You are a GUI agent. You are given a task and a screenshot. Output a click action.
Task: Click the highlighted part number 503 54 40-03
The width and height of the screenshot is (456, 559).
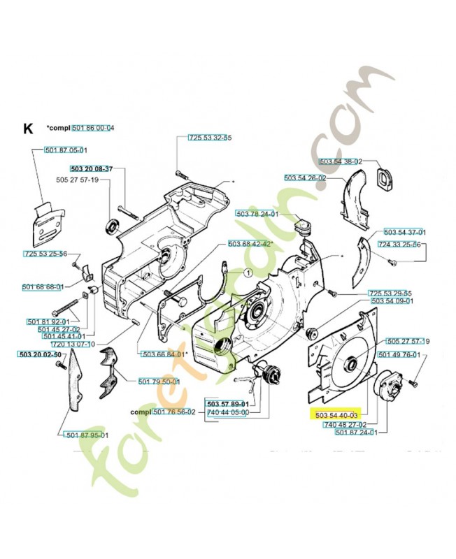337,415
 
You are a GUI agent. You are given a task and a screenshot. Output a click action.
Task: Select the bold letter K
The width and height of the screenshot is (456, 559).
28,129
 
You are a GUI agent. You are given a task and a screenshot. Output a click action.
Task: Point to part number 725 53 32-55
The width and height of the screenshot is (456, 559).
211,139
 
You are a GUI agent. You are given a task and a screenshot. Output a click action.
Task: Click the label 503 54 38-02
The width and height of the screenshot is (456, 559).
340,161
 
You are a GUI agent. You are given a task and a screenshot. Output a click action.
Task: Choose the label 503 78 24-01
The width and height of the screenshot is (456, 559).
257,214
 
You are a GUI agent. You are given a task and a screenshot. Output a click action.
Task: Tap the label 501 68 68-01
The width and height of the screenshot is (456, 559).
43,286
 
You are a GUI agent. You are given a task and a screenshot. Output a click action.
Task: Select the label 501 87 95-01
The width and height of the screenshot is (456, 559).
87,435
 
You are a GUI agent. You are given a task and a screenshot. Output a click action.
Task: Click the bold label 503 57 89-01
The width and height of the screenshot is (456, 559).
227,404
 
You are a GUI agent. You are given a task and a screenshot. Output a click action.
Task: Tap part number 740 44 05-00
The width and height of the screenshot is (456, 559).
227,413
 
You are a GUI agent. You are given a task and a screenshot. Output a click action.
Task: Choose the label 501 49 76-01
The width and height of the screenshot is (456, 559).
399,356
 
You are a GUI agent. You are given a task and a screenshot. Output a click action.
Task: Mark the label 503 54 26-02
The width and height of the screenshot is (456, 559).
305,178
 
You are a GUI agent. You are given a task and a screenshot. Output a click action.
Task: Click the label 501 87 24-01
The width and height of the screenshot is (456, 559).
356,433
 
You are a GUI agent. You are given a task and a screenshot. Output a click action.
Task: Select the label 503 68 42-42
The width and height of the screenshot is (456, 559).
250,244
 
